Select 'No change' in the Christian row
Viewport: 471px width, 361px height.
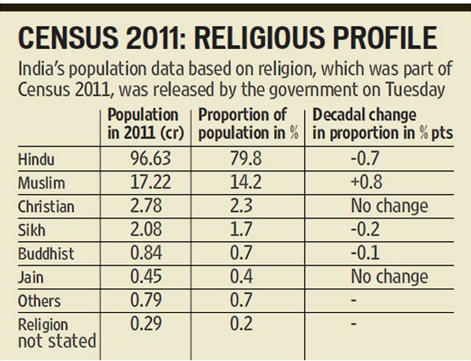click(390, 207)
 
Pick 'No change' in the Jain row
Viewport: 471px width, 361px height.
click(390, 277)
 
